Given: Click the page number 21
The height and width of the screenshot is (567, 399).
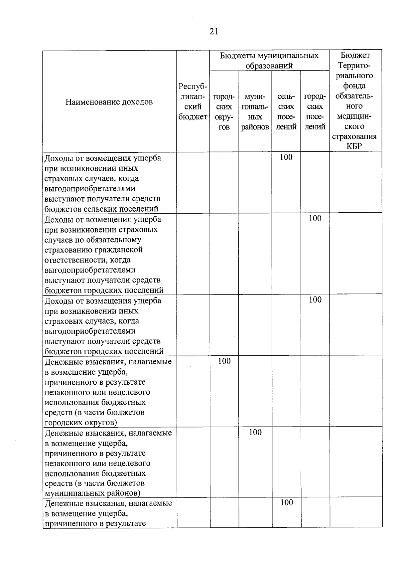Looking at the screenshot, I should (214, 31).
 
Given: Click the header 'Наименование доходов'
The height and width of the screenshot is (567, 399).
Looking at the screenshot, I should (109, 102).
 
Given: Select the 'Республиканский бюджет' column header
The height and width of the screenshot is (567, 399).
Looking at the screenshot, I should (193, 101).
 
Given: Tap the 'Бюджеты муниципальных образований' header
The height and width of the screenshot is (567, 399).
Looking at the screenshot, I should (269, 60).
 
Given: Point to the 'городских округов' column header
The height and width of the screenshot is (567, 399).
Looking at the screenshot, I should (224, 112).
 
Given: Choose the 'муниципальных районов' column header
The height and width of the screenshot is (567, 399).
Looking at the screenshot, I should (255, 112).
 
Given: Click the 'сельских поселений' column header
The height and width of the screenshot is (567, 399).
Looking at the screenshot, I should (286, 112).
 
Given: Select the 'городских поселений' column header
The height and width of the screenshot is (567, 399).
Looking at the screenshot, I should (315, 112).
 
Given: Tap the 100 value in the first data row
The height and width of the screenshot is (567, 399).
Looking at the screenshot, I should (286, 157).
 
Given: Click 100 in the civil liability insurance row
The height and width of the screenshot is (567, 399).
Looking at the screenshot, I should (315, 219).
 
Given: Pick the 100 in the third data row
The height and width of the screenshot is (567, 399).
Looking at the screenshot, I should (315, 300).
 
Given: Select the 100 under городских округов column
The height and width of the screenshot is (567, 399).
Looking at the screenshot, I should (224, 361).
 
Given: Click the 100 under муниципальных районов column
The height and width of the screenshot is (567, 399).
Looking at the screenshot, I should (255, 432).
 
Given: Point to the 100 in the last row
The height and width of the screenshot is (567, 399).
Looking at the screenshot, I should (286, 502).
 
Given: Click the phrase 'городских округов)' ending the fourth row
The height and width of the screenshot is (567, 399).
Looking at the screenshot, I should (81, 423).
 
